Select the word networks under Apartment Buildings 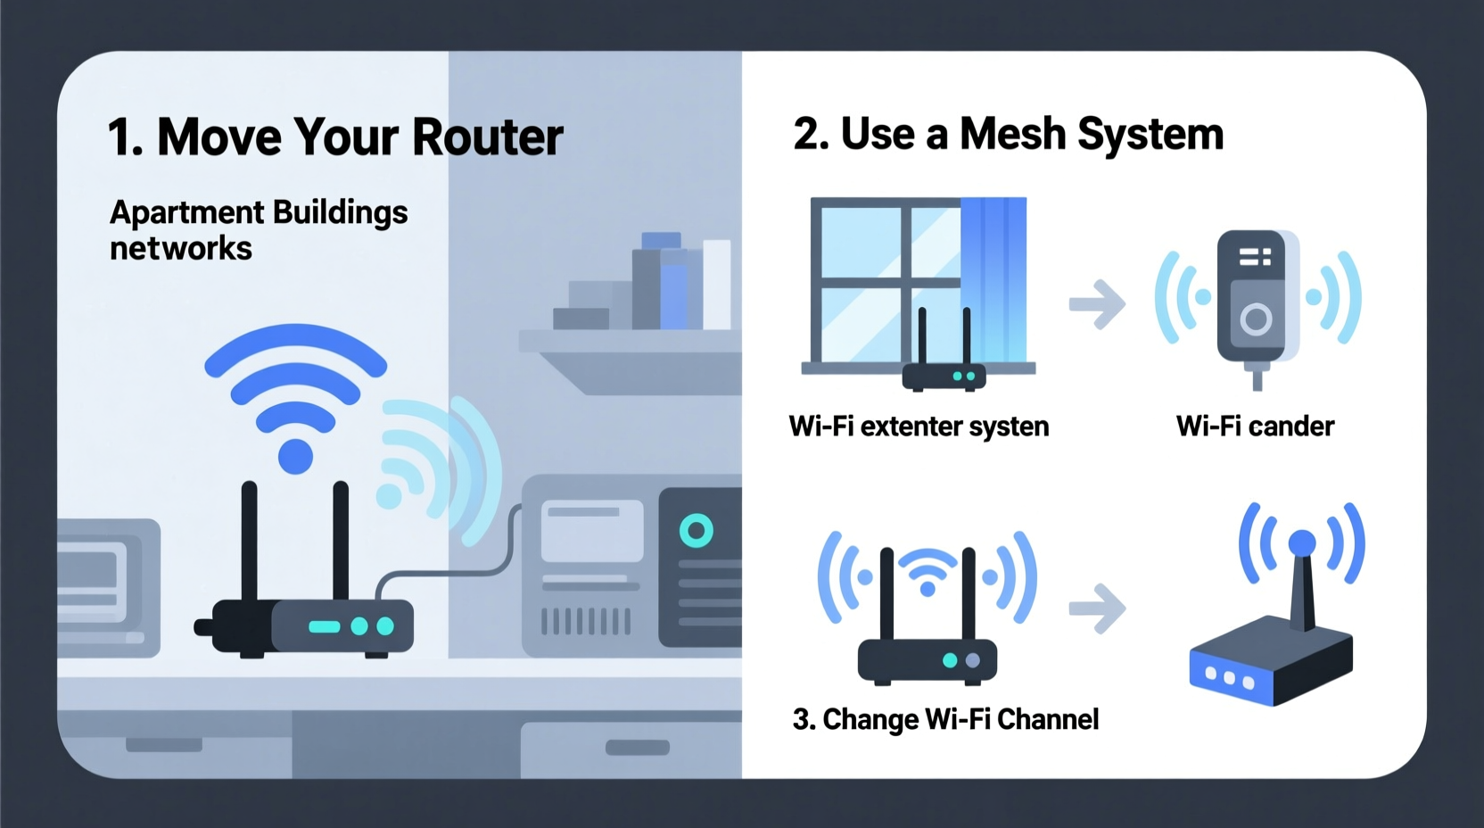(181, 249)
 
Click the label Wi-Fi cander (1255, 426)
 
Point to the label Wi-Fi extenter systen (919, 426)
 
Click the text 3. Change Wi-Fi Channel (945, 719)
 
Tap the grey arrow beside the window (1097, 304)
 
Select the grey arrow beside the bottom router (1097, 609)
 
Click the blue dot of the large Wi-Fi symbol (295, 456)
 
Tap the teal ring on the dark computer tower (696, 531)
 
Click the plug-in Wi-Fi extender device (1257, 299)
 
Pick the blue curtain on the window (993, 277)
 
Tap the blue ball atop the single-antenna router (1302, 542)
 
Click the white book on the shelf (716, 284)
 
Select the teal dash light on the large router (324, 627)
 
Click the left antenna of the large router (250, 544)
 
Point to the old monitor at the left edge (103, 584)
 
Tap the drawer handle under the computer (637, 748)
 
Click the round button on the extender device (1255, 319)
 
